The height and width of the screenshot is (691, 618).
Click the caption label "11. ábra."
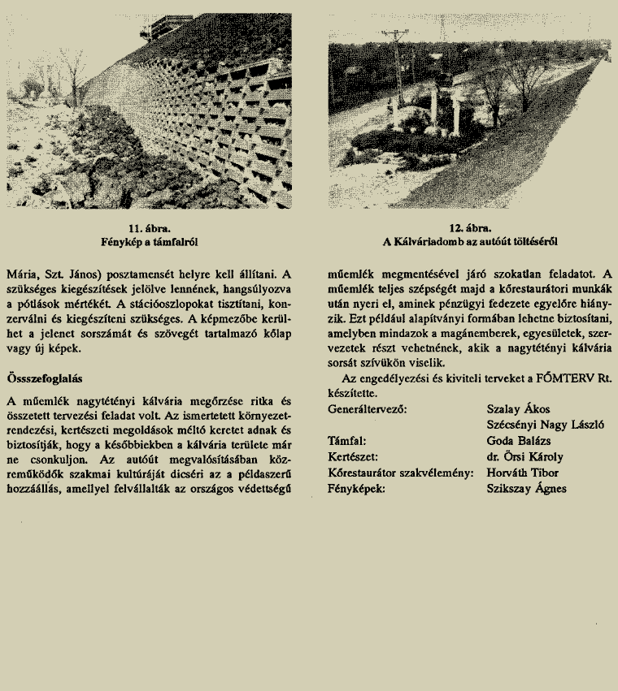(x=148, y=228)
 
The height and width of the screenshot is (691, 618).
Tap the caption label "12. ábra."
(x=470, y=228)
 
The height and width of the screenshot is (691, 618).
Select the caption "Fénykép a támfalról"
(x=148, y=241)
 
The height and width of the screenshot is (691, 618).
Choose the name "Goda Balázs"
(x=518, y=441)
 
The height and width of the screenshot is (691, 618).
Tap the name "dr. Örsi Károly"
(x=524, y=457)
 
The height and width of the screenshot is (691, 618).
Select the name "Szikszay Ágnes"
(x=526, y=489)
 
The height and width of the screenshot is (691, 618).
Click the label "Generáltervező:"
(x=366, y=409)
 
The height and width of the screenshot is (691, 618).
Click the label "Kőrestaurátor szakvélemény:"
(x=400, y=473)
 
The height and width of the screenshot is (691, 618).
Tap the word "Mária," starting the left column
(x=22, y=274)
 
